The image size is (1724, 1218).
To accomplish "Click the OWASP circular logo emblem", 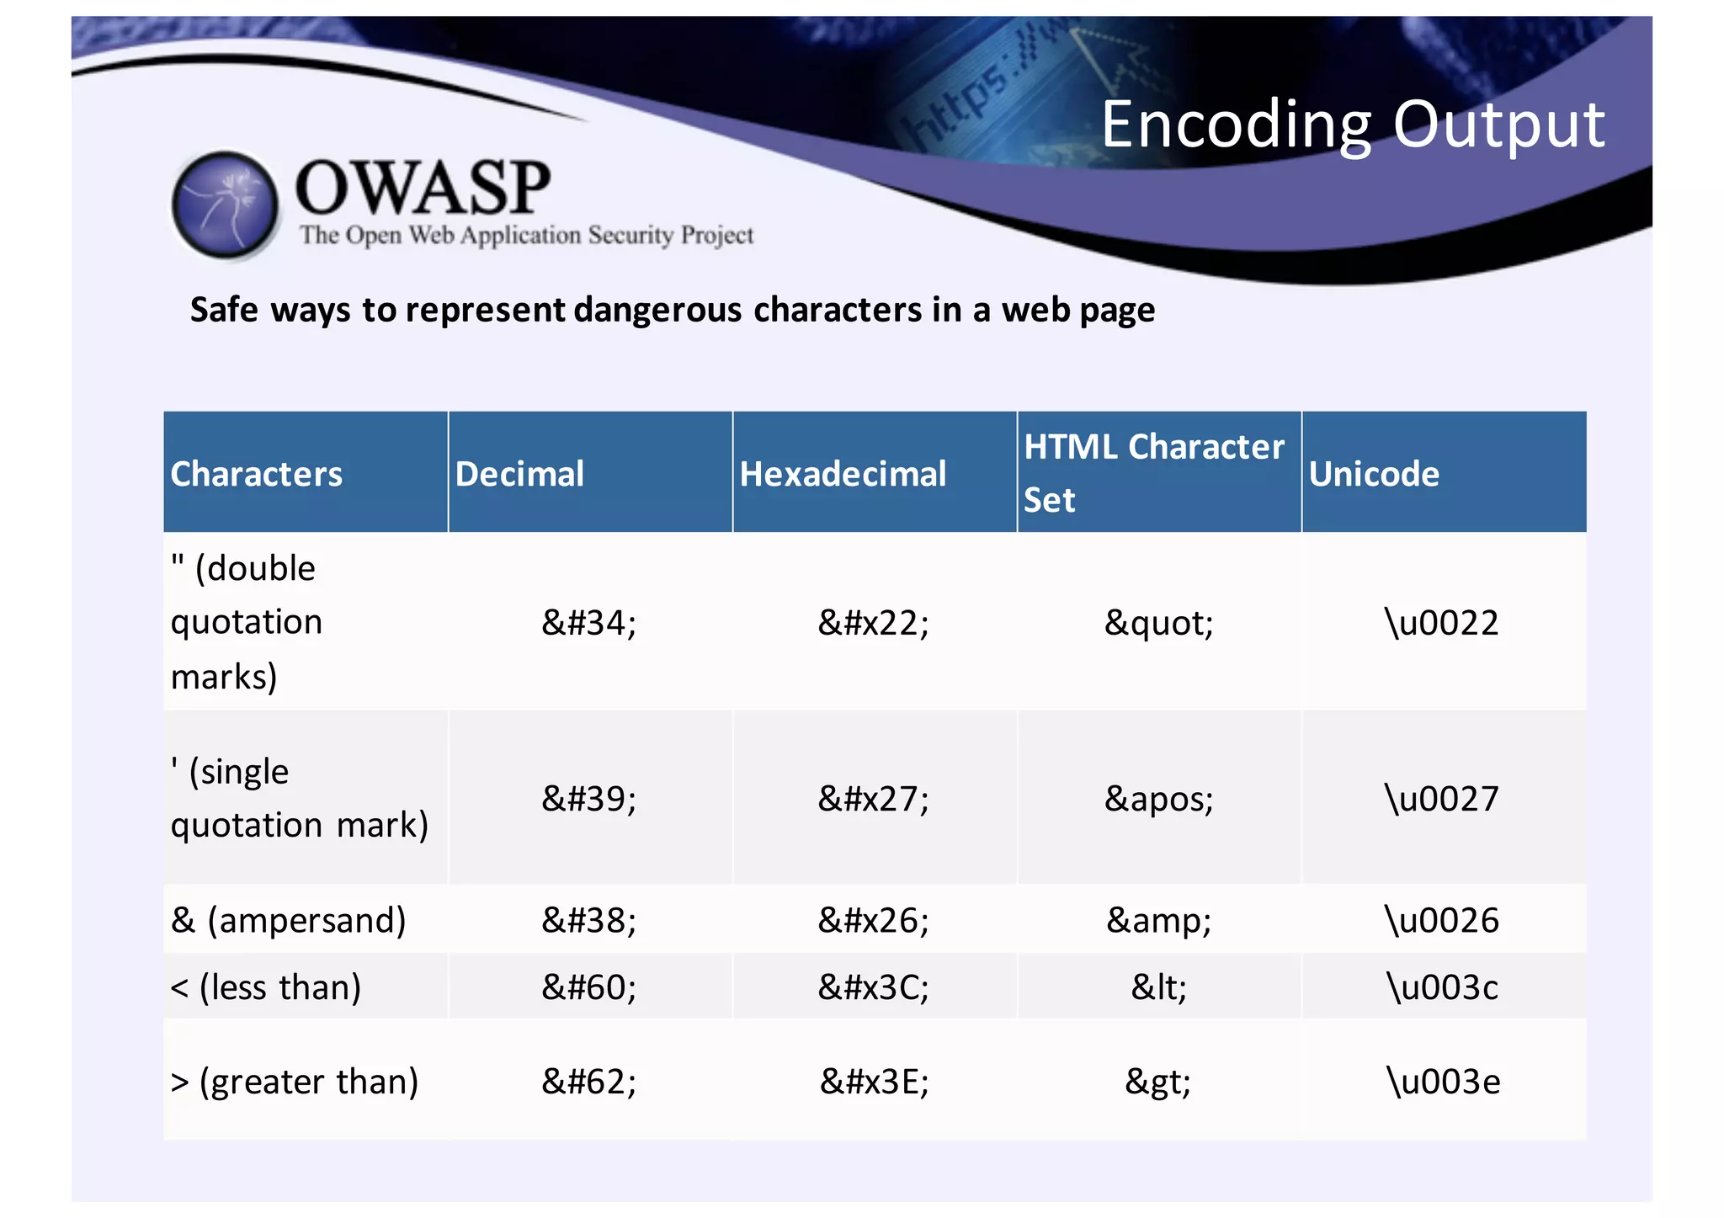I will click(225, 205).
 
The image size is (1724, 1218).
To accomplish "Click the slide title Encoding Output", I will click(1352, 125).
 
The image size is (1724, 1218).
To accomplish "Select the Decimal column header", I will click(519, 474).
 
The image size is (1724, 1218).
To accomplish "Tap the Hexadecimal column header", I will click(843, 474).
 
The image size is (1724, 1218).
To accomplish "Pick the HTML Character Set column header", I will click(1153, 472).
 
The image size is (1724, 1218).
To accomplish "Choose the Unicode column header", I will click(1374, 474).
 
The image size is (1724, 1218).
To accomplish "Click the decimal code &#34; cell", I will click(589, 623).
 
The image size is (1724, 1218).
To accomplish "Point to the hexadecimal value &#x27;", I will click(874, 798).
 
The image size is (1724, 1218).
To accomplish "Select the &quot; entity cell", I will click(1158, 623).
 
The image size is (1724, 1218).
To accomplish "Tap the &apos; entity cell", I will click(1158, 798).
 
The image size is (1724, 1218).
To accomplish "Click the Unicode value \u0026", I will click(1442, 920).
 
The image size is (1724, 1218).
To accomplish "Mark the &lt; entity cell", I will click(1158, 987).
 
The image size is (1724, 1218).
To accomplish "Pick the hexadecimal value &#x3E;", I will click(874, 1081).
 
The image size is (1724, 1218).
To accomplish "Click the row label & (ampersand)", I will click(288, 920).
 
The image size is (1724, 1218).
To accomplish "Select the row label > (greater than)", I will click(295, 1081).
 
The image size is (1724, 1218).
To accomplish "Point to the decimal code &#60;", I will click(589, 987).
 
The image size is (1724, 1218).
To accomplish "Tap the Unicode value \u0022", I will click(1442, 623).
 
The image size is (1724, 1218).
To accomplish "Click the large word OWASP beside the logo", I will click(423, 187).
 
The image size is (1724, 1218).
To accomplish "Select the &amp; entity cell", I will click(1158, 920).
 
